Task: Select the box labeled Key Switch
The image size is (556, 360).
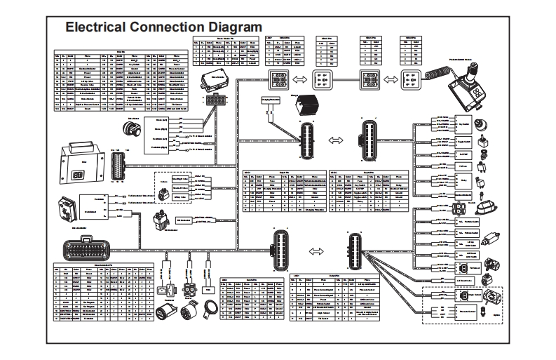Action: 463,125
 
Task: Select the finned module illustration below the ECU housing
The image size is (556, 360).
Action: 69,203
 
